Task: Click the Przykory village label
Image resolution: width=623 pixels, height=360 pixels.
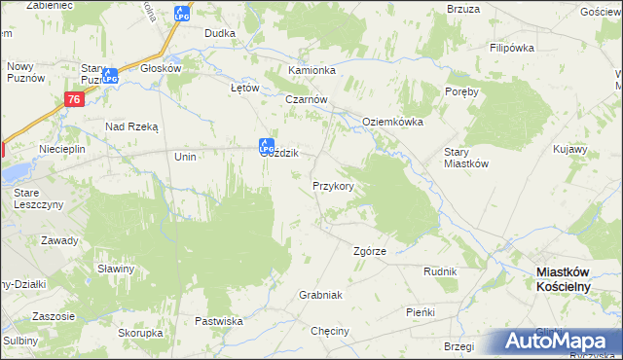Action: [332, 185]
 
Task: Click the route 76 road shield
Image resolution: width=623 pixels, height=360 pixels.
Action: [74, 99]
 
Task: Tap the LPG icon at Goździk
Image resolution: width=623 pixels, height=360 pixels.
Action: [265, 146]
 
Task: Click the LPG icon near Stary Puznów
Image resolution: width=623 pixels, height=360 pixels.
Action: [111, 75]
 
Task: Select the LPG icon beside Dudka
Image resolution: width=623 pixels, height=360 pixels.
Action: [181, 14]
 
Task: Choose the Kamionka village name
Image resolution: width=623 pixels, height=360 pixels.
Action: [311, 71]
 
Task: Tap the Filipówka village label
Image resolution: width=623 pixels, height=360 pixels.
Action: [514, 47]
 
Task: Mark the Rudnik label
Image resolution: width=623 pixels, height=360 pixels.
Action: [440, 271]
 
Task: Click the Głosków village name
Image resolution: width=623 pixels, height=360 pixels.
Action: [162, 69]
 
